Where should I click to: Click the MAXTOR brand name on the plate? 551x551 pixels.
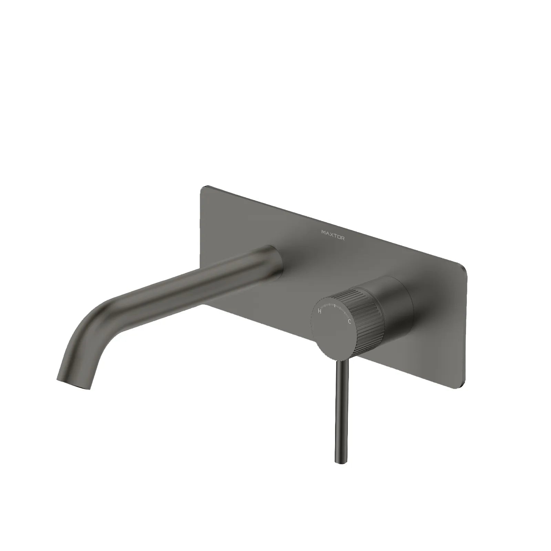coord(333,235)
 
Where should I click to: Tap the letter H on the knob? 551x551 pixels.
coord(320,311)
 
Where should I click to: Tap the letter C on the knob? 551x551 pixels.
coord(350,322)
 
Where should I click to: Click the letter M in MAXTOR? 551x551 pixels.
coord(323,233)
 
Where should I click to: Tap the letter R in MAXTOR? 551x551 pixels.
coord(342,238)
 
